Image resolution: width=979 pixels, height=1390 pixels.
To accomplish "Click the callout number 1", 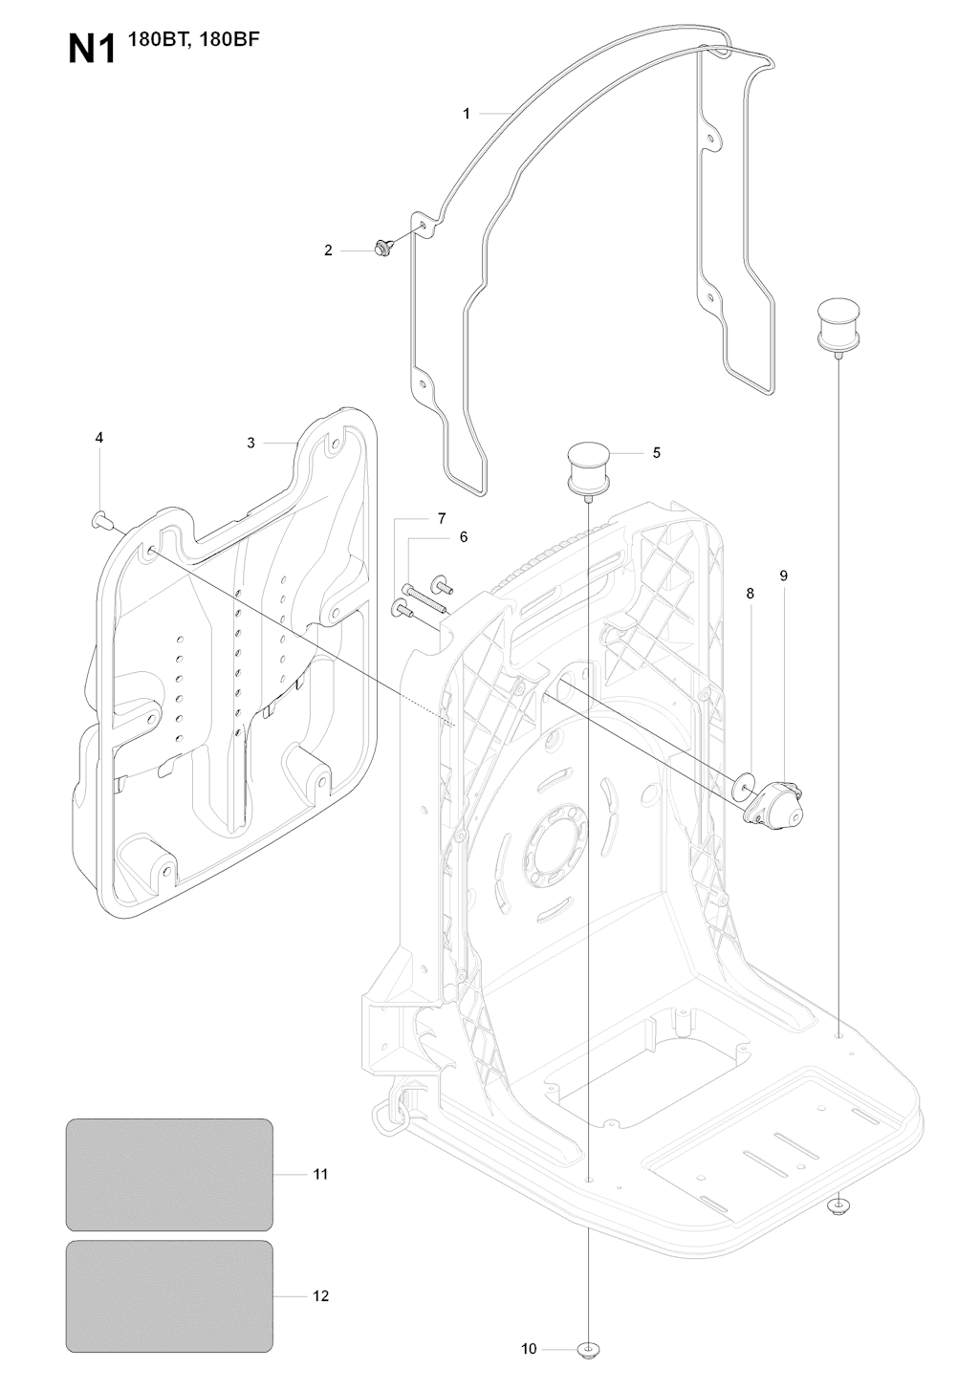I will click(x=467, y=114).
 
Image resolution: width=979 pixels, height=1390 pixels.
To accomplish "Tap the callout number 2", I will click(x=329, y=250).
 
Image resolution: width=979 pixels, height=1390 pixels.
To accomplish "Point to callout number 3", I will click(x=250, y=443).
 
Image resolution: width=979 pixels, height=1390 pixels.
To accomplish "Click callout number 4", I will click(x=99, y=437).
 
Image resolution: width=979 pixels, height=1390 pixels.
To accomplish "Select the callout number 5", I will click(x=657, y=452).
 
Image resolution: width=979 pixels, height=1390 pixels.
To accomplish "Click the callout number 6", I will click(x=464, y=537).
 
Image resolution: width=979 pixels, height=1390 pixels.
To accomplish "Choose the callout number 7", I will click(x=442, y=518).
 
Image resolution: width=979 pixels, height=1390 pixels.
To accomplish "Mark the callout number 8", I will click(x=750, y=594).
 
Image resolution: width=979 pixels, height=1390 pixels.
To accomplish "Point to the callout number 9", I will click(x=784, y=576).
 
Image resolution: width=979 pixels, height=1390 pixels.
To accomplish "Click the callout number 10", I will click(x=529, y=1350).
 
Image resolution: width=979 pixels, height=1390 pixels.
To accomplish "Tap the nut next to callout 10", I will click(x=587, y=1350).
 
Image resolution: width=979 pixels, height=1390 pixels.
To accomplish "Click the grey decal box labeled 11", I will click(x=169, y=1174).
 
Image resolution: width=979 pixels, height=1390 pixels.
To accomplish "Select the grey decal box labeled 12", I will click(x=169, y=1296).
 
